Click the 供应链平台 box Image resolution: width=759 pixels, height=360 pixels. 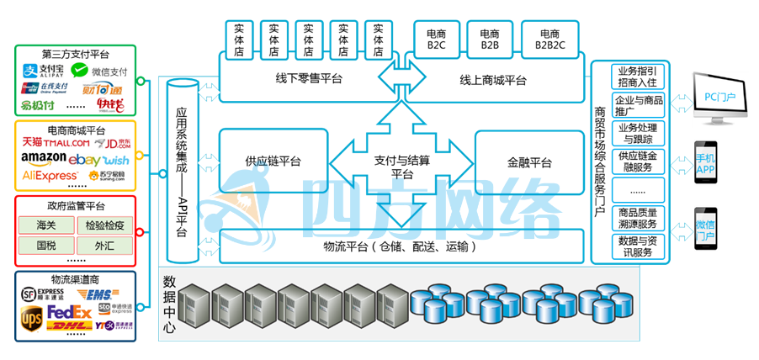click(x=273, y=161)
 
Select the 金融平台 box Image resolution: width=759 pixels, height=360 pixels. click(x=529, y=161)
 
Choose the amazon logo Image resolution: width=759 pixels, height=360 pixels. click(x=44, y=159)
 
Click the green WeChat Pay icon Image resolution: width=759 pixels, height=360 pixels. click(x=80, y=71)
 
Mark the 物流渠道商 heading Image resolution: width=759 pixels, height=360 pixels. click(x=75, y=279)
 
